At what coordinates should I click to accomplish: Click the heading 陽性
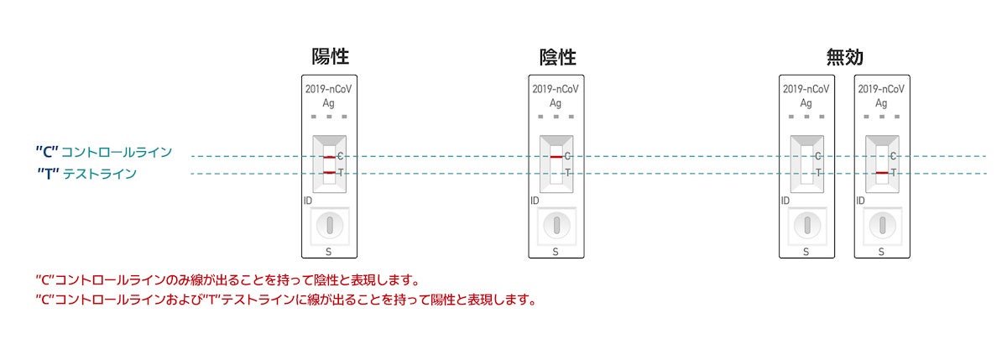tap(330, 57)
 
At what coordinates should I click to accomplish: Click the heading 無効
tap(844, 57)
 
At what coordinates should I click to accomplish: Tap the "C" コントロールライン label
tap(104, 152)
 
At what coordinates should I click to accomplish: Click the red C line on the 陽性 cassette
tap(329, 157)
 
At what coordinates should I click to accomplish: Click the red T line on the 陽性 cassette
tap(329, 173)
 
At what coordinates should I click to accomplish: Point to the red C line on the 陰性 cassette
tap(556, 157)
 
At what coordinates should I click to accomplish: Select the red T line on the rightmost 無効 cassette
tap(881, 173)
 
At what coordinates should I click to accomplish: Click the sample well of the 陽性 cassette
tap(330, 225)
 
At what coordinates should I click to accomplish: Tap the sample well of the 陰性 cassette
tap(556, 225)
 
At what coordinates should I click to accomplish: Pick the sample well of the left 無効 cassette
tap(806, 225)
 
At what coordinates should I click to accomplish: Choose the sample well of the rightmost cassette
tap(881, 225)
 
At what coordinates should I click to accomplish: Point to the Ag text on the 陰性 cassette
tap(556, 103)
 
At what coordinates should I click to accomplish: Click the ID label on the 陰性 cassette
tap(535, 201)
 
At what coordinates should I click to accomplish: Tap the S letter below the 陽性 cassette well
tap(330, 250)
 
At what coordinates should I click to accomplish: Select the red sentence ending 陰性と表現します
tap(227, 279)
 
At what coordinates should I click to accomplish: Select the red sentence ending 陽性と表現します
tap(285, 299)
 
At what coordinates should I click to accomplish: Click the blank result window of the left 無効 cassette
tap(806, 164)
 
